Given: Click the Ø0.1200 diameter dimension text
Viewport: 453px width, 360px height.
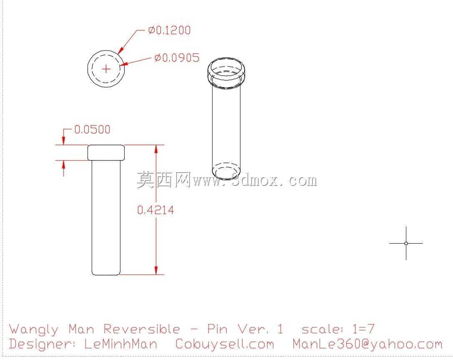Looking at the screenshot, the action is [169, 30].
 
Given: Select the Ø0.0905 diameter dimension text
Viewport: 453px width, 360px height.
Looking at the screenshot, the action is [177, 58].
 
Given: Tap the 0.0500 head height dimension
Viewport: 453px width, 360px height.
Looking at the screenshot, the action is [92, 130].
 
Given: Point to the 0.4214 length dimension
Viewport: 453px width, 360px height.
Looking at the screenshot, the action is [156, 210].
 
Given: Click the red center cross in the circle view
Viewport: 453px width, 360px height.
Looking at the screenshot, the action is [106, 69].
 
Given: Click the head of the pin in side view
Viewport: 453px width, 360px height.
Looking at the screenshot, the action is [106, 153].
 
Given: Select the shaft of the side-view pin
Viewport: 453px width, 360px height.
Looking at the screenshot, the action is [106, 217].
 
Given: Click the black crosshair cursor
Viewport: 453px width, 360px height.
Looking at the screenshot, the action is [406, 244].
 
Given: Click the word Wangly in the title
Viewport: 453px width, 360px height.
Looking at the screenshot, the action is [33, 330].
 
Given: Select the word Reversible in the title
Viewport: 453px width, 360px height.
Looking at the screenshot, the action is [142, 329].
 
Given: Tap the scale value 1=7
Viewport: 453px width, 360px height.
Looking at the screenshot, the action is [363, 329].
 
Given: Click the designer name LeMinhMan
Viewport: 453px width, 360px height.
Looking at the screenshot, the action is [121, 344].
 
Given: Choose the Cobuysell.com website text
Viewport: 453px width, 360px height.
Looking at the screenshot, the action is [225, 344].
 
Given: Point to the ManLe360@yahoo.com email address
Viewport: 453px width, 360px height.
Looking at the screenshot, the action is [367, 344].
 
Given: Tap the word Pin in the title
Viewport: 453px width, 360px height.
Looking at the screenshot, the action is [217, 329].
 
